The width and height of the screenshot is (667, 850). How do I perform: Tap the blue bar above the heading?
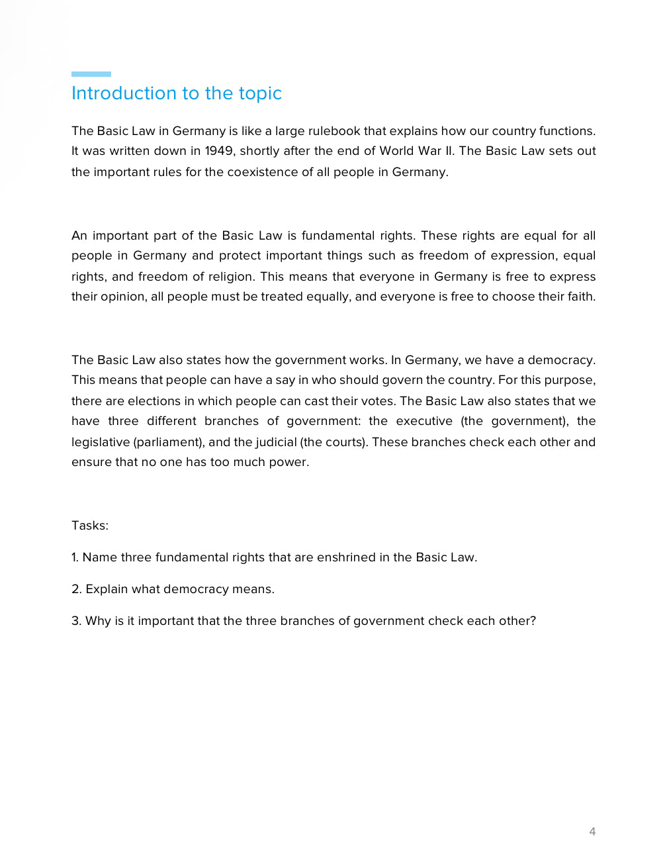(91, 74)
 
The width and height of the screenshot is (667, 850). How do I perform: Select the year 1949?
(218, 151)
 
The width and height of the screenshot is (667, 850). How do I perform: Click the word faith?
(580, 297)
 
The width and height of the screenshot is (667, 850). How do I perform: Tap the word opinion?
(122, 297)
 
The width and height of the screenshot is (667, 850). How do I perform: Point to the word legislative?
(100, 442)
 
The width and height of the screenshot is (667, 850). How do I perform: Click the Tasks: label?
(90, 526)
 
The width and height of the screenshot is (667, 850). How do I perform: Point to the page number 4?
(592, 831)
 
